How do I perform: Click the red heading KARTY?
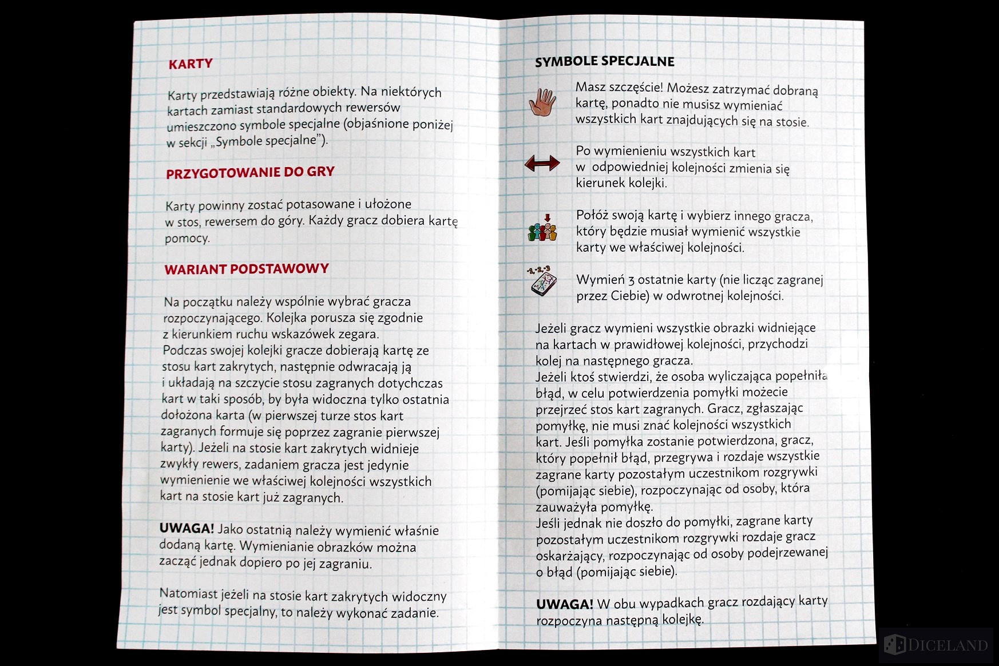click(x=191, y=64)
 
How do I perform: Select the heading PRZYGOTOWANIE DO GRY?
click(x=250, y=172)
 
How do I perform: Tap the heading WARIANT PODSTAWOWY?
click(x=247, y=269)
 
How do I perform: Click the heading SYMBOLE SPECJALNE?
click(x=604, y=62)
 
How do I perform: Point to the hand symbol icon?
click(x=542, y=103)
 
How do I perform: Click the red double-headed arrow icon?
click(x=542, y=164)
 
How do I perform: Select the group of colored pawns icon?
click(x=542, y=229)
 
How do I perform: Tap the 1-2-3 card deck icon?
click(x=541, y=280)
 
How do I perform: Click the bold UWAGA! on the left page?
click(x=187, y=529)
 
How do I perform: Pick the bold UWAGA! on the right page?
click(x=564, y=604)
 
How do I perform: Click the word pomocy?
click(x=187, y=238)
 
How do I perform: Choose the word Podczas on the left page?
click(x=184, y=350)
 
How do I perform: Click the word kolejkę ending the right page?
click(x=683, y=620)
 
